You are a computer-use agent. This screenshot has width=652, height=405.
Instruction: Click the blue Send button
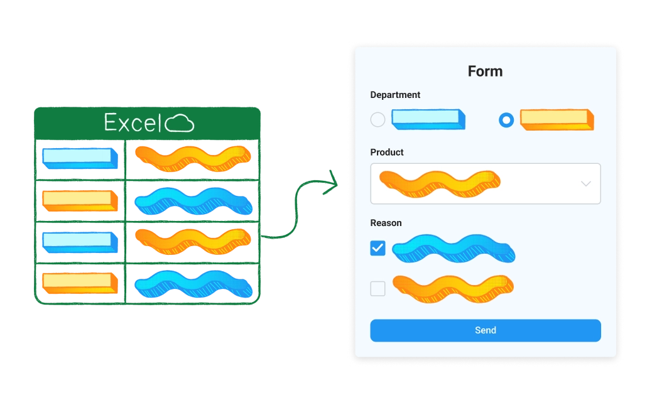(485, 330)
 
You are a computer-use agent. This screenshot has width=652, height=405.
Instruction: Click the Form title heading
(485, 71)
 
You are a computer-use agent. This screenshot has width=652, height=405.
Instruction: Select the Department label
(395, 95)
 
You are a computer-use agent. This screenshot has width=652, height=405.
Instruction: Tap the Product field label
(387, 152)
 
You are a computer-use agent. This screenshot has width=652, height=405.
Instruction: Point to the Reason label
(386, 223)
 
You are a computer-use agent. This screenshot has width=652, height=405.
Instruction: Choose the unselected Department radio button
(378, 119)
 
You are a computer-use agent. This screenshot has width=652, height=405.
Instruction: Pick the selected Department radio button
(506, 119)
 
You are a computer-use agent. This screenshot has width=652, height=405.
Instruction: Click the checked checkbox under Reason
(378, 248)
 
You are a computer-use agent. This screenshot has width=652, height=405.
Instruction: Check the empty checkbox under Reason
(378, 289)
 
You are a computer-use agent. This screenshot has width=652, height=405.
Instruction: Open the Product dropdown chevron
(585, 184)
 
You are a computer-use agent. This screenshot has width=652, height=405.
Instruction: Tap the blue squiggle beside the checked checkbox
(453, 249)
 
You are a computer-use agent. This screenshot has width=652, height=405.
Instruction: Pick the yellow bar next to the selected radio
(557, 119)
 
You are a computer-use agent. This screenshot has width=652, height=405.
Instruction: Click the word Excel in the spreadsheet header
(133, 122)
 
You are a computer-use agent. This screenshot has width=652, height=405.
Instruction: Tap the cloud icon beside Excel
(180, 123)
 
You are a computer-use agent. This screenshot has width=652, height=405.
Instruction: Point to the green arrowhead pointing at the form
(332, 181)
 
